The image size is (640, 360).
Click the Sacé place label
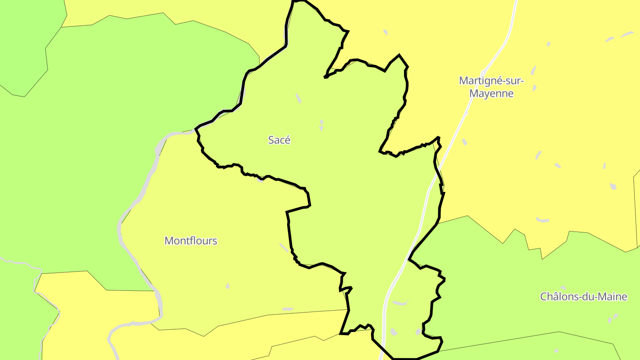pyautogui.click(x=279, y=140)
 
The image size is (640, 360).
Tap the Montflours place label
pyautogui.click(x=191, y=241)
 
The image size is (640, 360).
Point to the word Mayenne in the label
pyautogui.click(x=492, y=94)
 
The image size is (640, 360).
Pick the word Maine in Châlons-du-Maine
pyautogui.click(x=612, y=297)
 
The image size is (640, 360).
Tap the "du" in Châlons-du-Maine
pyautogui.click(x=588, y=297)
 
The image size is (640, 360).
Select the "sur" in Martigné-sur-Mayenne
pyautogui.click(x=512, y=81)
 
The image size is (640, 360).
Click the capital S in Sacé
pyautogui.click(x=271, y=140)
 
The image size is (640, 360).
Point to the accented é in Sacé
pyautogui.click(x=287, y=140)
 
